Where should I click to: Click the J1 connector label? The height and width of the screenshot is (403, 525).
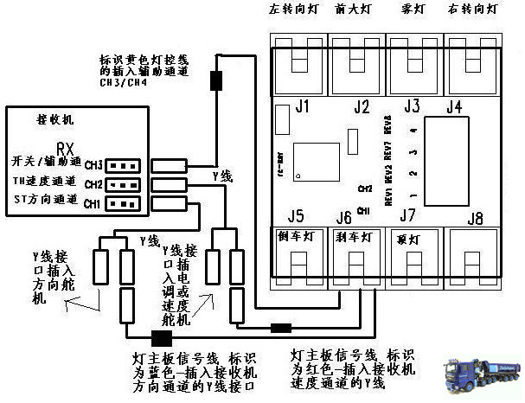(301, 108)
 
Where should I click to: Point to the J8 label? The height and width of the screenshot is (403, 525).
(474, 216)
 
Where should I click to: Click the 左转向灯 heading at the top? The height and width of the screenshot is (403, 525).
(295, 10)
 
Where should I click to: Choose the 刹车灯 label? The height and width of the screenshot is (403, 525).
(354, 236)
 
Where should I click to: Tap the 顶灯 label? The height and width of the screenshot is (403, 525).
(407, 237)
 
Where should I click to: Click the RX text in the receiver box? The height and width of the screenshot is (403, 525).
(64, 148)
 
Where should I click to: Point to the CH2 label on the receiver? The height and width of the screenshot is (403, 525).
(93, 184)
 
